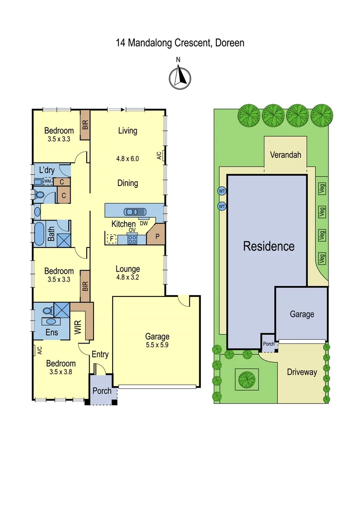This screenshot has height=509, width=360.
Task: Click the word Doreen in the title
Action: pos(229,43)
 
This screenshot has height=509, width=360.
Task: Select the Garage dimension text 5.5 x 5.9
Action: pos(157,345)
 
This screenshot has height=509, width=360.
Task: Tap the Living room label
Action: pos(127,131)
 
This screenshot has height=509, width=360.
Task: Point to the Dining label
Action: pos(127,183)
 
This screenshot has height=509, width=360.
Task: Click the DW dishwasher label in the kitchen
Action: pos(144,223)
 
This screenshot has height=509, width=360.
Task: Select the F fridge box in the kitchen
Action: pos(111,239)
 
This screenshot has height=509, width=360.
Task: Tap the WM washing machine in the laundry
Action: pos(48,181)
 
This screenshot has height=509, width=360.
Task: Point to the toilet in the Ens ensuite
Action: pos(47,311)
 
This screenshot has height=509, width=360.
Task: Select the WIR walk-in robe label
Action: pos(78,328)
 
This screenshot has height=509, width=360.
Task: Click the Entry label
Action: pos(100,354)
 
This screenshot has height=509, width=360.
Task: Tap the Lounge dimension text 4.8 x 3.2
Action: pos(128,277)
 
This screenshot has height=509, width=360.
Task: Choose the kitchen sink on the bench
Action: pos(135,212)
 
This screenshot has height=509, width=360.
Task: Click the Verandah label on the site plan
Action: pos(285,155)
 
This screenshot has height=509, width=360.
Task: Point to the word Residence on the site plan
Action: pos(269,246)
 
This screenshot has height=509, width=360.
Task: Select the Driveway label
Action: pos(302,372)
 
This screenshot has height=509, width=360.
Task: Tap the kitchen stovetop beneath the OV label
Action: pos(133,239)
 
